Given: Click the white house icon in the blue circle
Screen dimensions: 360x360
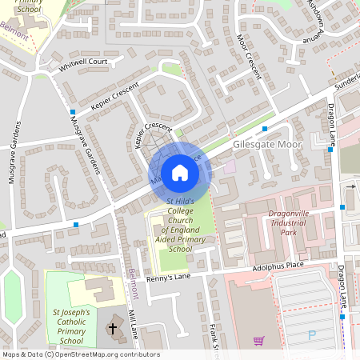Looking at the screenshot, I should [x=180, y=173].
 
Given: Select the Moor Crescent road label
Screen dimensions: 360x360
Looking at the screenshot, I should [x=249, y=57].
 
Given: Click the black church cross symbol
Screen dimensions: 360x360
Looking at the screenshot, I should [x=112, y=328].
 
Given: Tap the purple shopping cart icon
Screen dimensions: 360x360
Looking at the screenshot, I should [x=258, y=340].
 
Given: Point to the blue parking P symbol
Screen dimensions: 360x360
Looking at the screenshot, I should [x=312, y=336].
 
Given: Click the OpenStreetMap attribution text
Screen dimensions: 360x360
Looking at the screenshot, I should [x=80, y=354].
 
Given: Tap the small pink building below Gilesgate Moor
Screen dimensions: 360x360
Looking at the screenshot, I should [x=230, y=166].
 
